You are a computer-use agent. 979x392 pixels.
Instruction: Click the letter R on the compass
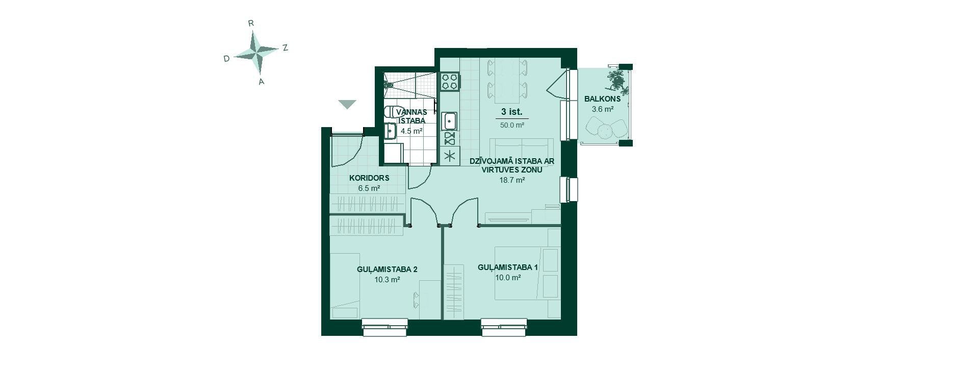(251, 23)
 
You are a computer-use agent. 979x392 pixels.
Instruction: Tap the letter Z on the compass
(286, 47)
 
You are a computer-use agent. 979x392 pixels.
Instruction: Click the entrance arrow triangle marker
(347, 104)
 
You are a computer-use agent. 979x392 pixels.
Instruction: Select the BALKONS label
(602, 99)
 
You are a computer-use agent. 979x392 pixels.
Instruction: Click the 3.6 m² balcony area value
(602, 109)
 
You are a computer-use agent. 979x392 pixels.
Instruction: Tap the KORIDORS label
(369, 178)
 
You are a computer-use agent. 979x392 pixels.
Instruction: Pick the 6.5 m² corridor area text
(369, 188)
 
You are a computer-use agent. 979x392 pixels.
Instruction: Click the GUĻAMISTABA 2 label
(387, 269)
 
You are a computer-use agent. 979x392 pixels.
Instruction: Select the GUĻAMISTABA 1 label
(508, 267)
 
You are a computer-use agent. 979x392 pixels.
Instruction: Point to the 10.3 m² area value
(387, 280)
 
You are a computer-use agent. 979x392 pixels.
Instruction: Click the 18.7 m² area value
(512, 180)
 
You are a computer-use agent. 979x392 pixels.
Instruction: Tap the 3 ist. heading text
(512, 112)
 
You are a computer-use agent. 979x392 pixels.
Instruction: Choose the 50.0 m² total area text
(512, 125)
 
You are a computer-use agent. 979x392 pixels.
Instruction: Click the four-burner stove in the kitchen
(450, 82)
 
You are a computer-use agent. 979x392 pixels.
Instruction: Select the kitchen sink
(449, 121)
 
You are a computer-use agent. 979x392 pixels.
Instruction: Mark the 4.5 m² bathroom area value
(411, 131)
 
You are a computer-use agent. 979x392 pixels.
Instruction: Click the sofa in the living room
(521, 151)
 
